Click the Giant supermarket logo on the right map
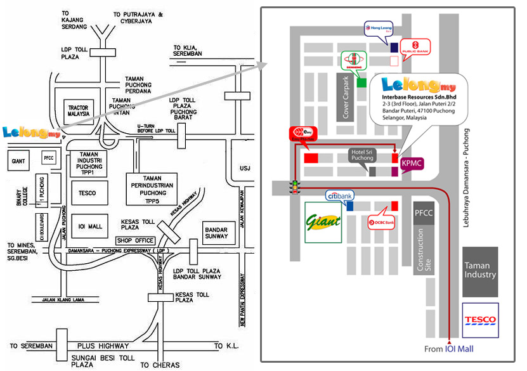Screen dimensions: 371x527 (x=323, y=222)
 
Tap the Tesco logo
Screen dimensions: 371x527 (x=480, y=320)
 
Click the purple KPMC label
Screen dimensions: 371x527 (x=412, y=164)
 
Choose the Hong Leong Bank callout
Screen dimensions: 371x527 (x=378, y=29)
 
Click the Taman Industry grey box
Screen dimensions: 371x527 (x=480, y=271)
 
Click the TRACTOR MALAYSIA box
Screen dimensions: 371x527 (x=78, y=112)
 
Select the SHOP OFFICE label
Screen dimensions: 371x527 (x=135, y=240)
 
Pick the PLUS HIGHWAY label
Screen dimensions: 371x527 (x=103, y=346)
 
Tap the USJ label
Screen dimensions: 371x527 (x=245, y=168)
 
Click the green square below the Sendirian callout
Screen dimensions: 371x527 (x=361, y=82)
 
